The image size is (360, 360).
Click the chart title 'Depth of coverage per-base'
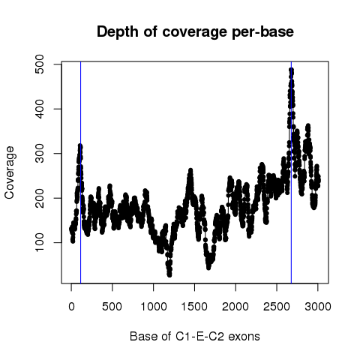click(195, 32)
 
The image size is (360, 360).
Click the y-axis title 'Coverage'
click(10, 172)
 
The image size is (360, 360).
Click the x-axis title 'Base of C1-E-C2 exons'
click(195, 336)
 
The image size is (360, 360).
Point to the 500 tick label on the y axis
click(40, 64)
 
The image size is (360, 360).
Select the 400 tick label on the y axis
click(40, 109)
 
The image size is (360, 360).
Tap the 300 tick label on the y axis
click(40, 154)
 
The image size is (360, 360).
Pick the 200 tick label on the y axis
click(40, 198)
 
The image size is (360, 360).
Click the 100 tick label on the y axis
click(40, 242)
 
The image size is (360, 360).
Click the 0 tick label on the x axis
click(71, 307)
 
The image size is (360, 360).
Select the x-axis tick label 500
click(112, 307)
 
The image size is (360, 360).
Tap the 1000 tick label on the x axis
click(154, 307)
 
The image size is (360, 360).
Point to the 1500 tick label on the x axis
click(194, 307)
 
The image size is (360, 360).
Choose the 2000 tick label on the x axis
click(235, 307)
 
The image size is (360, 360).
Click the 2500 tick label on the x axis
click(277, 307)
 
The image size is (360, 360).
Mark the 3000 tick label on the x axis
click(318, 307)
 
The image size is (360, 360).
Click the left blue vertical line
click(80, 172)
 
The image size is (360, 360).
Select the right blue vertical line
click(291, 172)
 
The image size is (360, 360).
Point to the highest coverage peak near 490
click(291, 70)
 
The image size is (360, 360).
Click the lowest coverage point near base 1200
click(169, 274)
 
